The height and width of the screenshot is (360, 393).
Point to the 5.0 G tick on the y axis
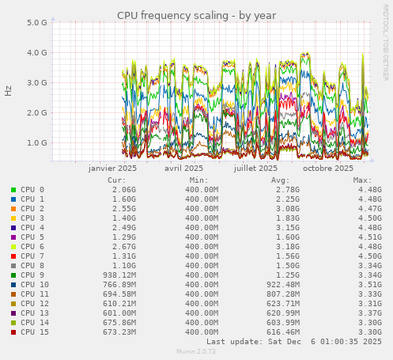[38, 22]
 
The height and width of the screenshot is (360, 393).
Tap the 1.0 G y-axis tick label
[38, 143]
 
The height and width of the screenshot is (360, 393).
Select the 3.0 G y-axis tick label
[38, 82]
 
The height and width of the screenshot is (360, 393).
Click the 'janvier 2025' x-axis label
[112, 168]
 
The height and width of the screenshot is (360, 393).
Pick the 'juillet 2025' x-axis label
[255, 168]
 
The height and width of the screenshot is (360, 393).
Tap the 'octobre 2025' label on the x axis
[328, 168]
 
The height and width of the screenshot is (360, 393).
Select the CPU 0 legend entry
[32, 190]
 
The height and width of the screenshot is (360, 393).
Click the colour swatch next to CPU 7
[13, 256]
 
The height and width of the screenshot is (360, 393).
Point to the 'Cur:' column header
[117, 180]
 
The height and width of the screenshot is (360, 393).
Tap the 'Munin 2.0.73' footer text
[196, 352]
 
